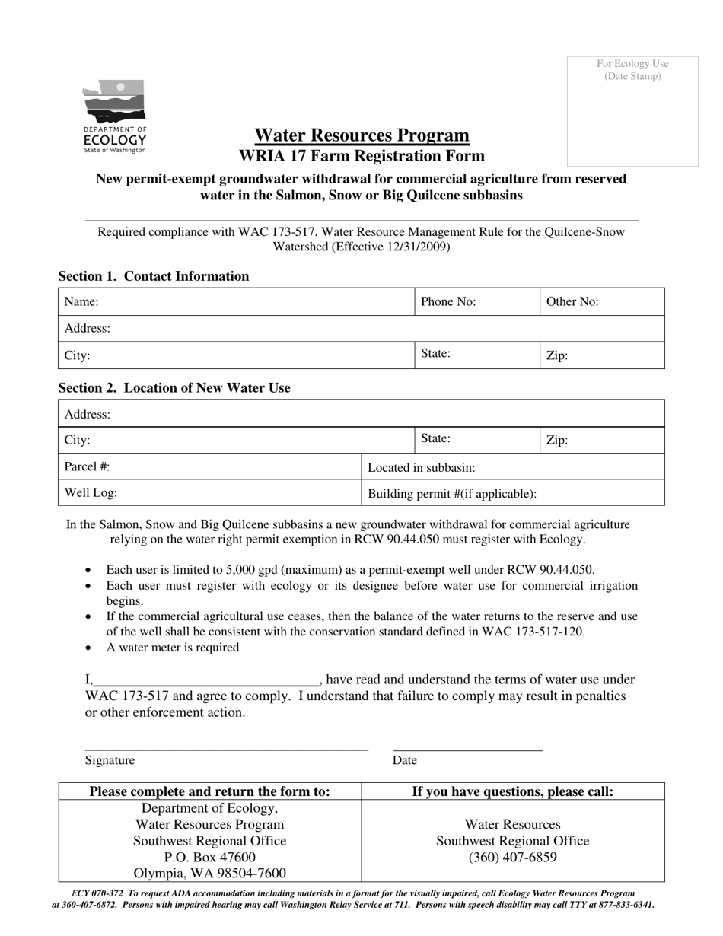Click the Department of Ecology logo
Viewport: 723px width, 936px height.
click(114, 116)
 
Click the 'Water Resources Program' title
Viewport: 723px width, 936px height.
click(361, 135)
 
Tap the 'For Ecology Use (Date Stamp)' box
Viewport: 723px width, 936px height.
click(632, 111)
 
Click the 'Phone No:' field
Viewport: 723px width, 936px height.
click(477, 302)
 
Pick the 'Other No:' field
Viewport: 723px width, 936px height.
click(603, 302)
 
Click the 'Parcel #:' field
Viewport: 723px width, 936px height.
click(209, 466)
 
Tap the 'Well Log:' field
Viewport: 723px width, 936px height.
click(209, 492)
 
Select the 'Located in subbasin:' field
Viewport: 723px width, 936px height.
click(513, 467)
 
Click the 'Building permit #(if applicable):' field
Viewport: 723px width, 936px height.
click(513, 493)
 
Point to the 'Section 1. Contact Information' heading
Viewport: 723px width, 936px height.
click(154, 276)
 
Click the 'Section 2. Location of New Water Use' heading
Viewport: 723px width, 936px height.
click(174, 387)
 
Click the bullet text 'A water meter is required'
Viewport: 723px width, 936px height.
click(172, 648)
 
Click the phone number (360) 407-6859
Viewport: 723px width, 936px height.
click(512, 858)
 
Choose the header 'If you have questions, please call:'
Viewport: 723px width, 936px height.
click(512, 791)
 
